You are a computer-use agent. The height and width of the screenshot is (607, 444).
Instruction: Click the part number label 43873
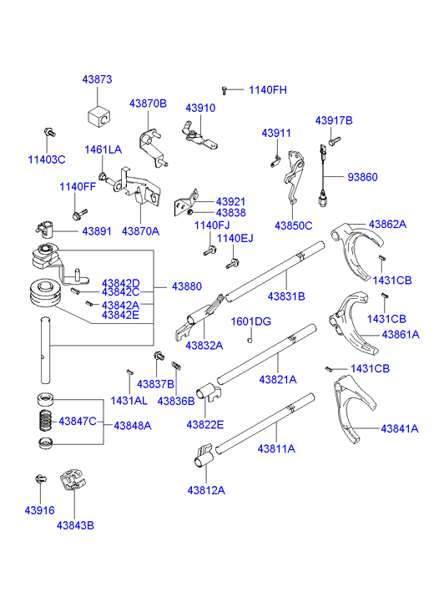tap(97, 79)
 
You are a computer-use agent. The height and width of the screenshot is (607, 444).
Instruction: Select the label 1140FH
tap(267, 89)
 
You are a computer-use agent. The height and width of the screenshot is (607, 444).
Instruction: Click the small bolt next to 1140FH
tap(225, 89)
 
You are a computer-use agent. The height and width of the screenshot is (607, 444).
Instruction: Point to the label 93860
tap(363, 177)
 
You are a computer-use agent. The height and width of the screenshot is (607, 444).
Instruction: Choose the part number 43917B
tap(334, 121)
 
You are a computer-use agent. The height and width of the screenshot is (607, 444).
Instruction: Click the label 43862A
tap(388, 224)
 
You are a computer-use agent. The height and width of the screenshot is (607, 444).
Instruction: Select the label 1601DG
tap(251, 321)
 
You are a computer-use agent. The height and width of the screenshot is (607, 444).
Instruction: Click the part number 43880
tap(187, 286)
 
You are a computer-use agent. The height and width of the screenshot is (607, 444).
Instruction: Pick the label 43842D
tap(121, 283)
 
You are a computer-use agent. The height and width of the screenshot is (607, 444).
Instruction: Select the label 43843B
tap(75, 525)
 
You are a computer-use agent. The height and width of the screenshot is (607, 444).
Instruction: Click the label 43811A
tap(277, 448)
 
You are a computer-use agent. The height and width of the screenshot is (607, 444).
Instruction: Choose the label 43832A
tap(204, 345)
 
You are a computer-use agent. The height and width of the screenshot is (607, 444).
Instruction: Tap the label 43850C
tap(294, 225)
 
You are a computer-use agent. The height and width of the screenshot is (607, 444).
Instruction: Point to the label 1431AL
tap(129, 401)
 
